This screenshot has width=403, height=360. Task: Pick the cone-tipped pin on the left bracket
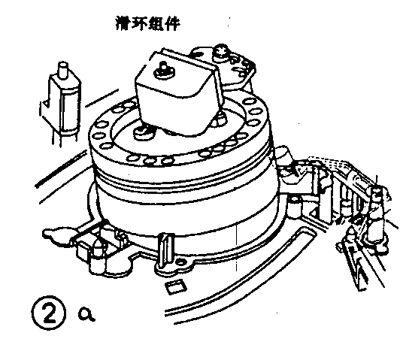100,249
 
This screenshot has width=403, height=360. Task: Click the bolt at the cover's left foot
141,131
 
